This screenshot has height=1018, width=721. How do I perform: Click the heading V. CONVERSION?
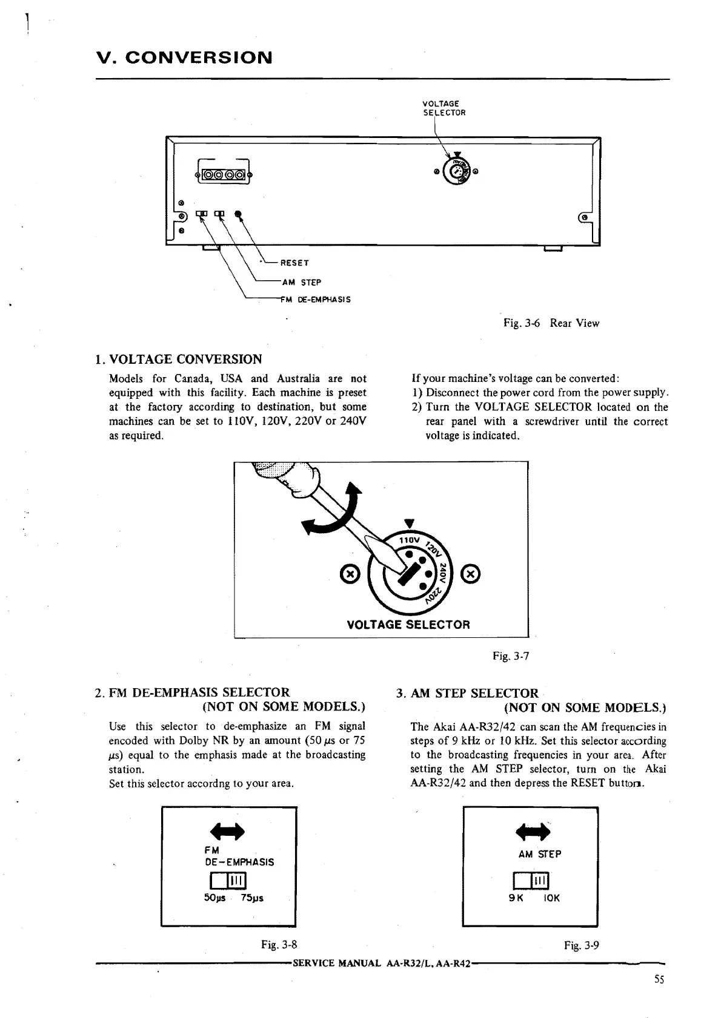coord(184,58)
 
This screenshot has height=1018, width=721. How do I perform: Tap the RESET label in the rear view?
coord(294,263)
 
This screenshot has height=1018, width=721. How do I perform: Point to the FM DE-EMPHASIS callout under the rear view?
coord(316,300)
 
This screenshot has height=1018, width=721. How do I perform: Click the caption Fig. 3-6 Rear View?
coord(551,323)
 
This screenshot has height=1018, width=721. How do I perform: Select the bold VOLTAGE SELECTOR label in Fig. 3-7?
coord(408,625)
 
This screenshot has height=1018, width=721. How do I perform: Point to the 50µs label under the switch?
coord(215,898)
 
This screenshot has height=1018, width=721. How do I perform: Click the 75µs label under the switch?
coord(251,898)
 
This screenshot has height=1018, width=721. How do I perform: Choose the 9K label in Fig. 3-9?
coord(516,898)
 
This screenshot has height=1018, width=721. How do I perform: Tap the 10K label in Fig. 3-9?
coord(551,898)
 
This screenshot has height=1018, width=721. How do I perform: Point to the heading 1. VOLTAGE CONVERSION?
coord(185,359)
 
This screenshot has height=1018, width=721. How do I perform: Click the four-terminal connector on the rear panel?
coord(223,176)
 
